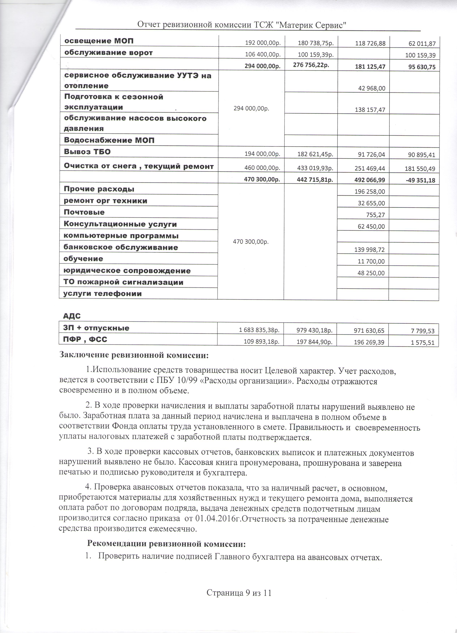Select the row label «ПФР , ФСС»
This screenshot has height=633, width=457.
tap(86, 339)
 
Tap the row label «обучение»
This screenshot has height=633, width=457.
tap(83, 259)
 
